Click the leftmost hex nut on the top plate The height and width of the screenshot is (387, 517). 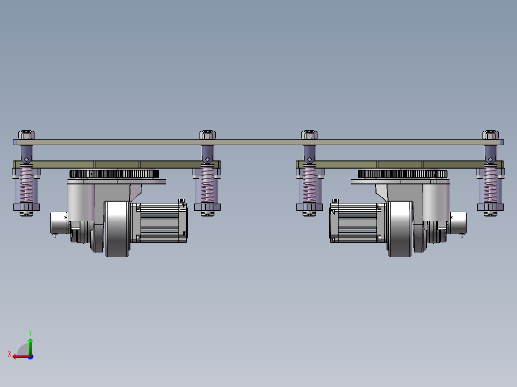coord(26,135)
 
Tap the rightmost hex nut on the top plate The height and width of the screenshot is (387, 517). coord(491,135)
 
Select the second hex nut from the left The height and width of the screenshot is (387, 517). coord(208,135)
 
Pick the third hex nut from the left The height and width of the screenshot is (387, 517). coord(309,135)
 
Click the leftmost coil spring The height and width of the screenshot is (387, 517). coord(26,184)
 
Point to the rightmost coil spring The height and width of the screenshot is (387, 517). coord(491,184)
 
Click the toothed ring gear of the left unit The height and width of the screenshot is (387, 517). coord(114,173)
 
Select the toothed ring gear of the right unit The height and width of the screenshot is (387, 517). coord(402,173)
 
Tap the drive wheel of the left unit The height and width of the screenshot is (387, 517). coord(117,229)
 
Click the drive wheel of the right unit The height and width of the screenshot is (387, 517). coord(400,229)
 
